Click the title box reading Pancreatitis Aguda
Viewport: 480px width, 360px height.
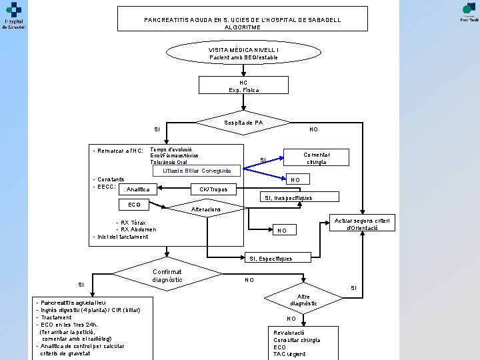click(243, 19)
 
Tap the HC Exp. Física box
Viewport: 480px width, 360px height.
click(243, 86)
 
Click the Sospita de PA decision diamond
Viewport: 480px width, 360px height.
click(243, 123)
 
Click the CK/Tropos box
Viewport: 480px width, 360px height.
click(213, 189)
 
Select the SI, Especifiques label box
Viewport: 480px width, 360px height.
click(270, 258)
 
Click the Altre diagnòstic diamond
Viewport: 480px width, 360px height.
click(303, 300)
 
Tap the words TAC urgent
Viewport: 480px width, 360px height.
click(289, 354)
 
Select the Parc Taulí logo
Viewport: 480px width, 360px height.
click(469, 11)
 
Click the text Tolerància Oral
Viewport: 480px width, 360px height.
click(167, 162)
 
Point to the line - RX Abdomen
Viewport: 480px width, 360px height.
click(136, 229)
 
